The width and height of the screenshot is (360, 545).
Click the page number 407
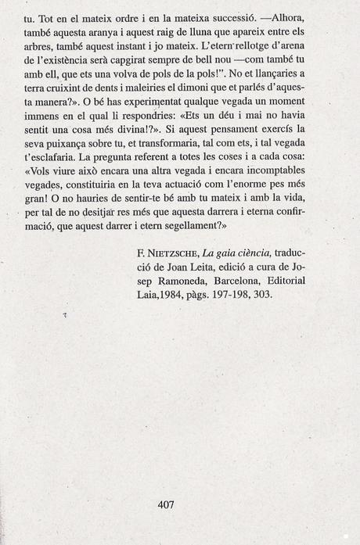166,504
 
